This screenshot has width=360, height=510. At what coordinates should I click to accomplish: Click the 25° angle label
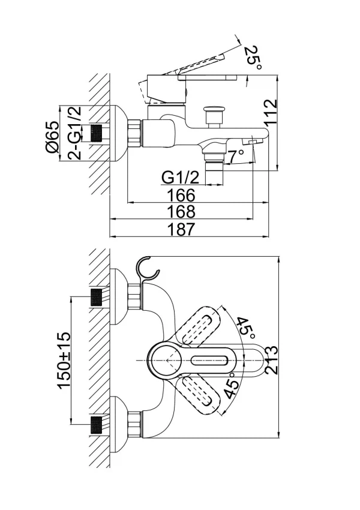[x=253, y=58]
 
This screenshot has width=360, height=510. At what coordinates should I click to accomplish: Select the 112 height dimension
[x=271, y=112]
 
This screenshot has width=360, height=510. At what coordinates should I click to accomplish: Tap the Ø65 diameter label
[x=52, y=137]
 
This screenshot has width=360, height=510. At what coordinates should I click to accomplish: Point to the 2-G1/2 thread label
[x=74, y=133]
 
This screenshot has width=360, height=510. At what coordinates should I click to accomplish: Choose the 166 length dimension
[x=181, y=195]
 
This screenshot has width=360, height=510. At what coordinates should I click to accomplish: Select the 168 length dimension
[x=181, y=211]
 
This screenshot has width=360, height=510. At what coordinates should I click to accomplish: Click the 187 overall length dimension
[x=181, y=229]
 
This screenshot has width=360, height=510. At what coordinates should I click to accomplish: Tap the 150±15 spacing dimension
[x=64, y=360]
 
